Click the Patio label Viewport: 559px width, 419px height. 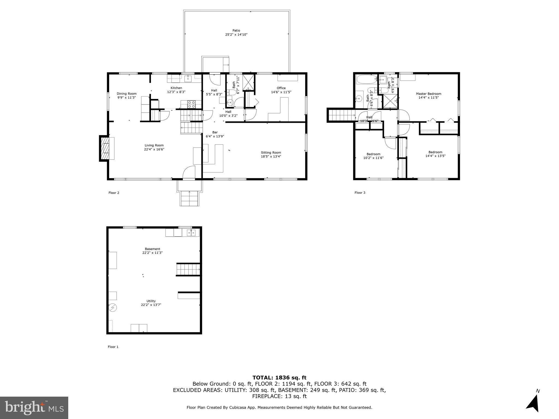(236, 31)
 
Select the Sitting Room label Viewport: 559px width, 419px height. (271, 153)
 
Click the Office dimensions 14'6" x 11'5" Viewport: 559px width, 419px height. (281, 92)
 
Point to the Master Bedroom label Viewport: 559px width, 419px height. (429, 94)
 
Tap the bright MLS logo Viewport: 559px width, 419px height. (34, 408)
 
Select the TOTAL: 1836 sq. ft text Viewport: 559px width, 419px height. (279, 378)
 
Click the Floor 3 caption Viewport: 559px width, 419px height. (360, 193)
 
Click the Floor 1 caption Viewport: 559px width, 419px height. (113, 347)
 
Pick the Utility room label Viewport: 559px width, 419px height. (151, 301)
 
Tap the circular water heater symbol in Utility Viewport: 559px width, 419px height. (113, 308)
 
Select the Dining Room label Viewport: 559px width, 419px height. (127, 94)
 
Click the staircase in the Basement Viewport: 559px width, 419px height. (188, 270)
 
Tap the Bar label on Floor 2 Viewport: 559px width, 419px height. (215, 133)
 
